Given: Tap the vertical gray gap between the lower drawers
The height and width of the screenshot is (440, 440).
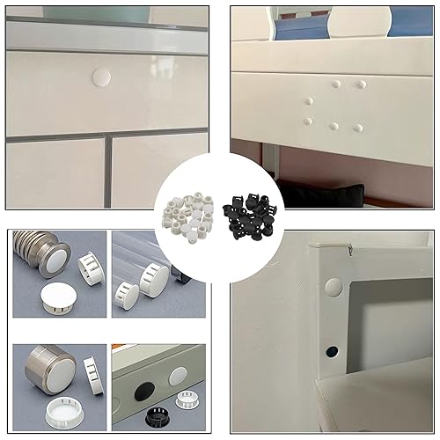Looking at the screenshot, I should (x=107, y=171).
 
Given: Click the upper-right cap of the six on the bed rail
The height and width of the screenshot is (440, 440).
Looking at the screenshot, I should (x=362, y=85).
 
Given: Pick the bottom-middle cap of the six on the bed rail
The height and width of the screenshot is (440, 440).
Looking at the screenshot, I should (x=334, y=126).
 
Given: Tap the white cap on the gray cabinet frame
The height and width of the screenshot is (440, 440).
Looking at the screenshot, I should (x=333, y=287).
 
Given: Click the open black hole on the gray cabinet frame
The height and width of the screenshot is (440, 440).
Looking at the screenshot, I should (x=332, y=351).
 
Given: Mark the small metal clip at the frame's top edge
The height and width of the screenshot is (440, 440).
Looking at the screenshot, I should (x=349, y=250).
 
